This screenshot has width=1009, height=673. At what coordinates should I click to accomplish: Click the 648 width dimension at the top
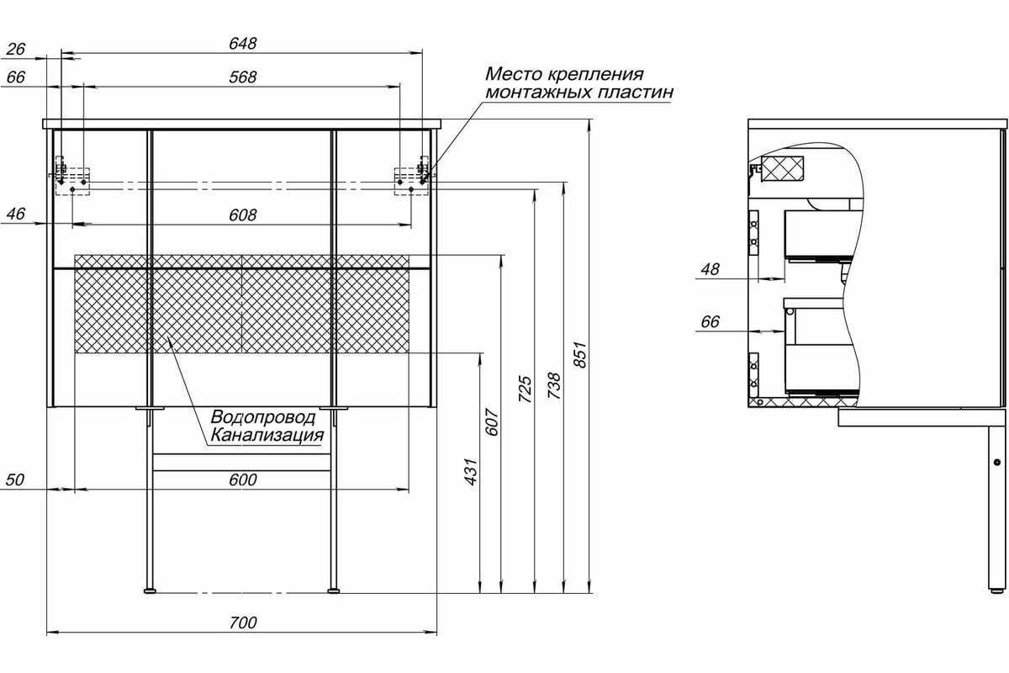point(243,44)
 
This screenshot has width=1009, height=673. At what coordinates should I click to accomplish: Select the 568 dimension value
point(243,77)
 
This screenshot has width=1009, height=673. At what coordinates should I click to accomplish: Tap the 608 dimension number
point(243,215)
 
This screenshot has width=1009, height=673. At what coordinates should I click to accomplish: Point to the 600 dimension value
point(243,480)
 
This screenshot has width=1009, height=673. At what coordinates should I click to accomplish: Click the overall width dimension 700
point(243,623)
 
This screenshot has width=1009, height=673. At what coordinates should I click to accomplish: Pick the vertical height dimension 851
point(581,355)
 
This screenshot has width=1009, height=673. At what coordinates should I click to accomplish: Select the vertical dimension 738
point(553,386)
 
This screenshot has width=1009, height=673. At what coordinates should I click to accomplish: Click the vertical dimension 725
point(526,389)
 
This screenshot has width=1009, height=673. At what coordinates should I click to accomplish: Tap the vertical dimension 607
point(492,422)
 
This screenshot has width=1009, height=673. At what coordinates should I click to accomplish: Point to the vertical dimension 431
point(470,472)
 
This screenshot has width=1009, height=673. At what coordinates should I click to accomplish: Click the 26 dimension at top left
point(16,49)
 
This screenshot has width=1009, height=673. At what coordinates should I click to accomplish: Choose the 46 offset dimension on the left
point(16,215)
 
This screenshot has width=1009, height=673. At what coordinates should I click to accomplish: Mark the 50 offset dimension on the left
point(14,480)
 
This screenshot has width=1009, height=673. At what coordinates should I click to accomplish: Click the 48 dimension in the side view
point(710,269)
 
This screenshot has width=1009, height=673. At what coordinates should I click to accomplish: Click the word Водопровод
point(263,417)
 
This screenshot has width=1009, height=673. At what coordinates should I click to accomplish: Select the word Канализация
point(267,436)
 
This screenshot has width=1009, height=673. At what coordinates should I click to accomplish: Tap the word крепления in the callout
point(597,74)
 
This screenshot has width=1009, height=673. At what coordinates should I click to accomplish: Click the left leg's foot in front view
point(150,590)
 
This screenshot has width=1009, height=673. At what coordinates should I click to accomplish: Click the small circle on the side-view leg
point(997,462)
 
